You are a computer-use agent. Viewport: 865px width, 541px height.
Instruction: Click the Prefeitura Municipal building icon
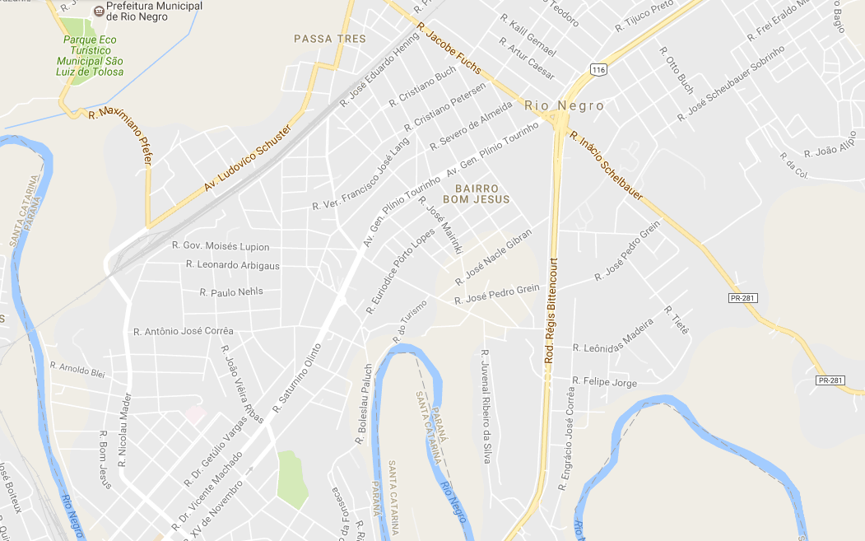click(x=100, y=11)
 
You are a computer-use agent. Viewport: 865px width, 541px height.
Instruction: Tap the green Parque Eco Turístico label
click(x=91, y=55)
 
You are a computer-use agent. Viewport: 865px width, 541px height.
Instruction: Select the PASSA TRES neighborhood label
click(x=330, y=39)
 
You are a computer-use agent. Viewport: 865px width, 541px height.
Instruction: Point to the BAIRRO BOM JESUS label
click(x=477, y=194)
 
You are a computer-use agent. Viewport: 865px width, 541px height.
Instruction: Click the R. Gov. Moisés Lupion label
click(x=221, y=246)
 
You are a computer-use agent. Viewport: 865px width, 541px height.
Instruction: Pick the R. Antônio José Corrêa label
click(x=184, y=331)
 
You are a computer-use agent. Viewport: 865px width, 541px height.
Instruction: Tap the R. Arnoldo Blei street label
click(x=78, y=369)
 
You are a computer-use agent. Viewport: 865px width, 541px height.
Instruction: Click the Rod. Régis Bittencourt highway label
click(x=551, y=310)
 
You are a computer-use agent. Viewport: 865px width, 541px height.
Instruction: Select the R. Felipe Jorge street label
click(x=605, y=383)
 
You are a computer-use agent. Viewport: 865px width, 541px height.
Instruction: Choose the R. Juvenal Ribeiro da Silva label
click(x=485, y=406)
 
